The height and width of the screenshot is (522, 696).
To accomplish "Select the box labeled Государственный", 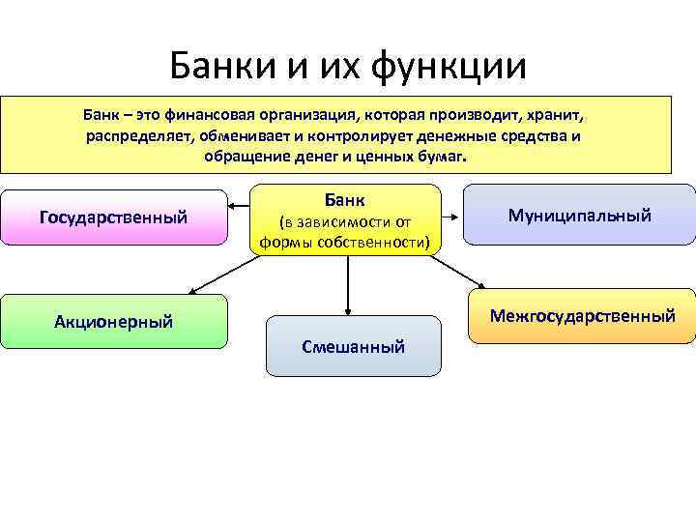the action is click(x=113, y=217).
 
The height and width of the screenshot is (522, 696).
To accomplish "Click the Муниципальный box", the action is click(x=580, y=215).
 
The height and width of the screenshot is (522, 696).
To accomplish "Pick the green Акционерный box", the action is click(x=113, y=321).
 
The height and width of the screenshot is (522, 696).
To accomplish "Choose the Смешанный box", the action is click(x=353, y=346).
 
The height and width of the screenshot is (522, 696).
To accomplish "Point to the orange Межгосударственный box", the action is click(x=582, y=316).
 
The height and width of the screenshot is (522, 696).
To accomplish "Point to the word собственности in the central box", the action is click(x=375, y=242).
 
